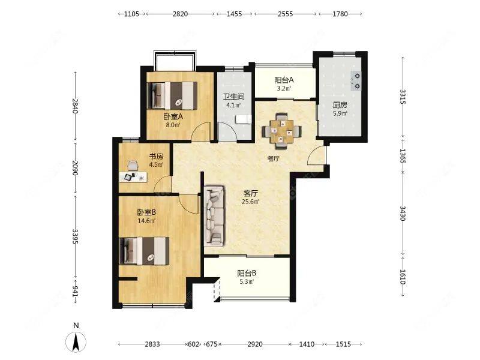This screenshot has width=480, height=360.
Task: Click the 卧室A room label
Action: click(x=173, y=116)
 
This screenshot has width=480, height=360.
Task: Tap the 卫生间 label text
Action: click(x=233, y=97)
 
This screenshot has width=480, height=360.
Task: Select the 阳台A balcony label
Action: click(x=284, y=80)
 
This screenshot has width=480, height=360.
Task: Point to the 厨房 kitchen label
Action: click(x=340, y=105)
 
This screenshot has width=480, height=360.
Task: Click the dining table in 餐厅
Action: click(x=281, y=131)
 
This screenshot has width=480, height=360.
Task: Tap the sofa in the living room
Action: click(x=215, y=215)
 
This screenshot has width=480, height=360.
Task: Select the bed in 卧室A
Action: click(x=172, y=95)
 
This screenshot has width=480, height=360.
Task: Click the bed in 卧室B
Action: click(x=144, y=251)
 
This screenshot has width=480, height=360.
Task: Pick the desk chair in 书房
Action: click(x=133, y=166)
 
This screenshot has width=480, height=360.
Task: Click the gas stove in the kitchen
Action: click(x=356, y=82)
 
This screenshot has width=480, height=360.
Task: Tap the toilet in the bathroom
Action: click(x=244, y=119)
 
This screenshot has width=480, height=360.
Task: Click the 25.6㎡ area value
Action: click(x=250, y=202)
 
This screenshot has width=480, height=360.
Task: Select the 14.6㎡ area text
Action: click(x=146, y=220)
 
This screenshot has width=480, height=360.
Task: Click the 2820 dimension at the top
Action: click(x=180, y=14)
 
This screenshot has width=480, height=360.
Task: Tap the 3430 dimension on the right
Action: click(x=403, y=214)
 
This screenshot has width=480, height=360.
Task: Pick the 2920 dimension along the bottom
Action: click(x=254, y=344)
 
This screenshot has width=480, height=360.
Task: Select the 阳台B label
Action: click(x=247, y=273)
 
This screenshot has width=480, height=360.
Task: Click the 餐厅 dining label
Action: click(x=274, y=158)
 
